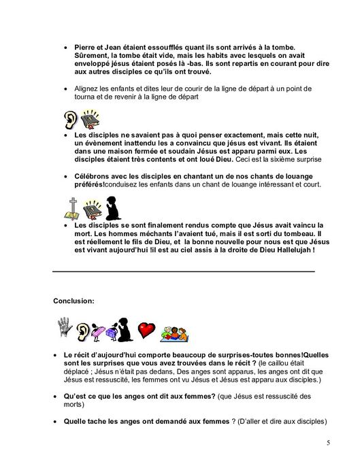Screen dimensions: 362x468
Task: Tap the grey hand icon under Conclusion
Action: click(x=65, y=327)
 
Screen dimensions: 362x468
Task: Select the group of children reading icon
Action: click(x=178, y=333)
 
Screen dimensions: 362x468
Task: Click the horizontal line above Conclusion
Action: click(x=184, y=271)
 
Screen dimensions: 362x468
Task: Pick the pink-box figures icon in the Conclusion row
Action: click(x=105, y=331)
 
